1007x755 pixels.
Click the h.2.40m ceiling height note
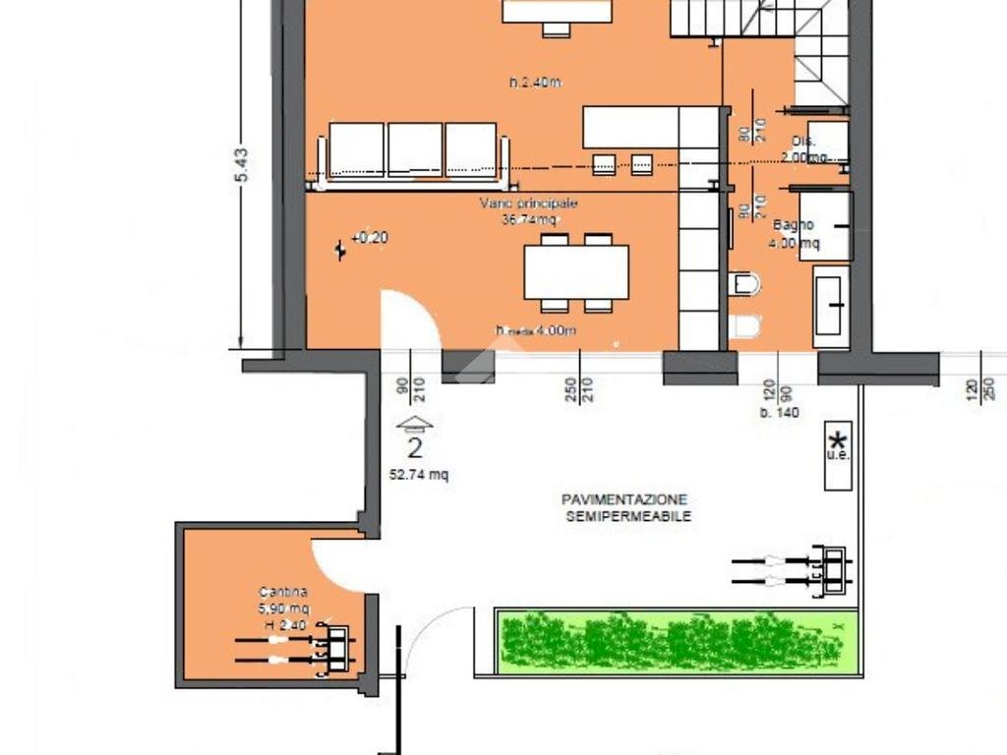point(535,83)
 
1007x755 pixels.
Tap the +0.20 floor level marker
point(370,238)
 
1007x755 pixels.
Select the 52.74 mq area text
point(419,474)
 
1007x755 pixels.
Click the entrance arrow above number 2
point(415,425)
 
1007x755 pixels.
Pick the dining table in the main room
point(576,272)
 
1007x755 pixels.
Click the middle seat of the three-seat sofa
point(414,149)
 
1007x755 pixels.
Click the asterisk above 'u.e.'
point(838,439)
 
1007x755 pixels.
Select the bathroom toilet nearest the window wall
point(745,327)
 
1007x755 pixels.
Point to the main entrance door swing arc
point(411,317)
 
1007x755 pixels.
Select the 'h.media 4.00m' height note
point(536,331)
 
